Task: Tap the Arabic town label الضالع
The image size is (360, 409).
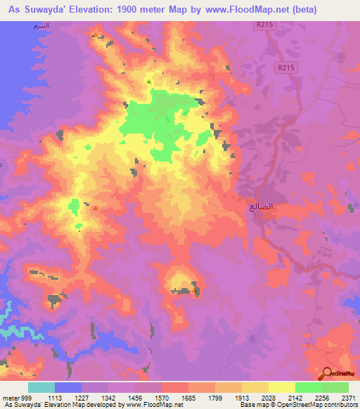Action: (x=261, y=208)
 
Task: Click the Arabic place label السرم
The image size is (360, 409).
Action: (x=42, y=25)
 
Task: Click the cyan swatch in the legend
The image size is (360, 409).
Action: (x=41, y=387)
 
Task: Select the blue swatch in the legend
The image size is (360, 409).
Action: (x=68, y=387)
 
